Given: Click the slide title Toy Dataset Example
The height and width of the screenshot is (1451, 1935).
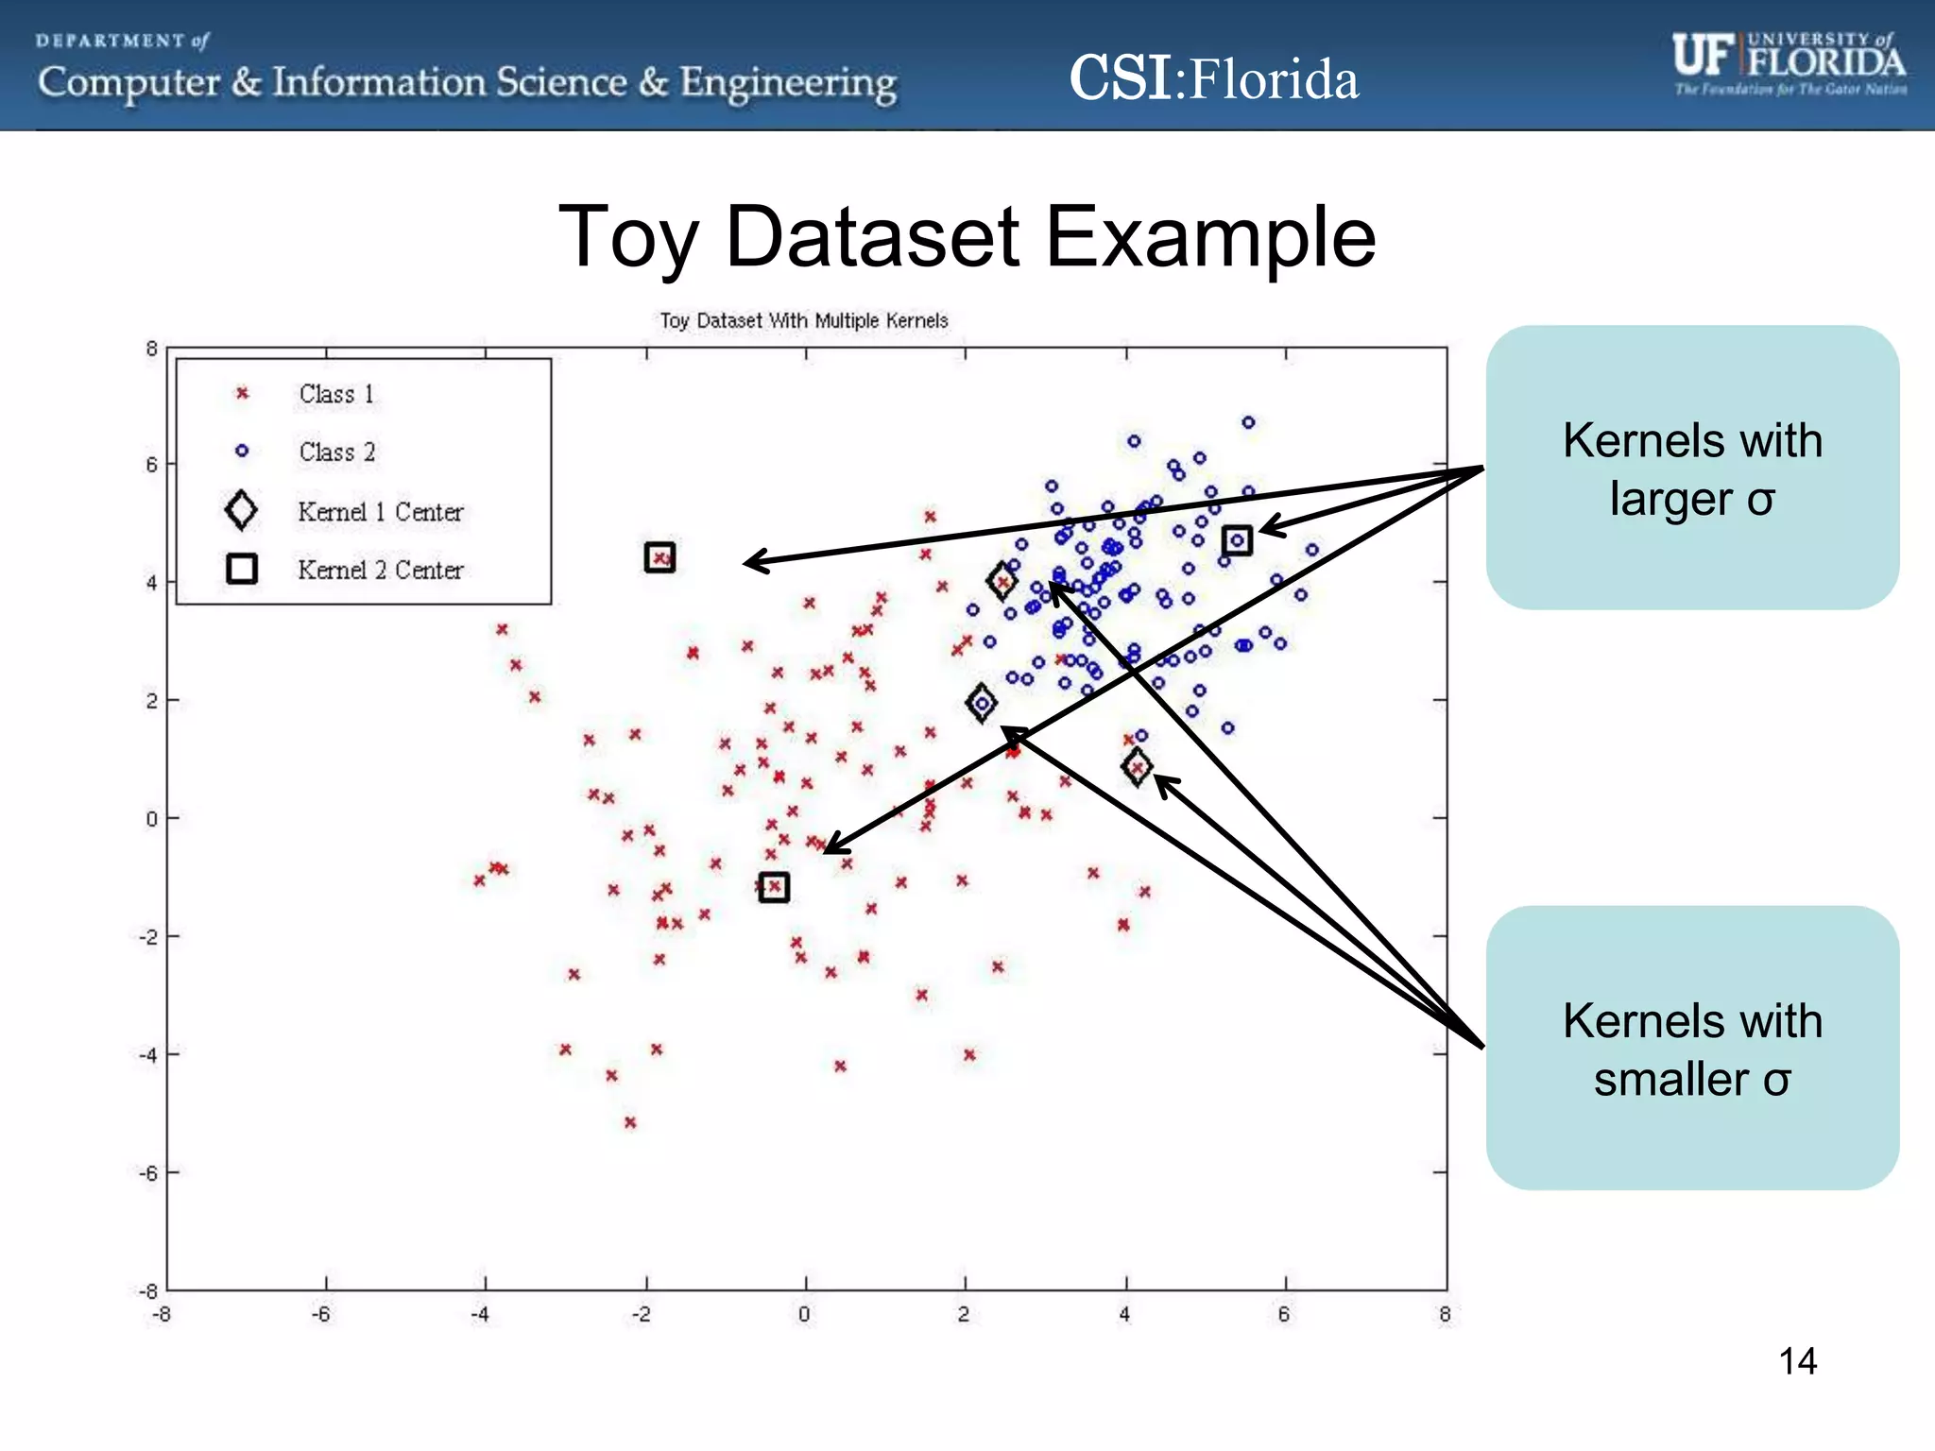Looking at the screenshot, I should click(x=967, y=237).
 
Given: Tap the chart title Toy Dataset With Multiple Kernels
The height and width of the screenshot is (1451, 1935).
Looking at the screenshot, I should click(x=803, y=321).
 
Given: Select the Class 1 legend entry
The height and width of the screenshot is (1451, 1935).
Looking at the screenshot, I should click(x=336, y=394).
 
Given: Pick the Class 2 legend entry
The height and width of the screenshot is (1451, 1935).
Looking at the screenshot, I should click(x=336, y=452).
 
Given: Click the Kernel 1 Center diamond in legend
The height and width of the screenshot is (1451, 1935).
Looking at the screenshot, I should click(x=242, y=510).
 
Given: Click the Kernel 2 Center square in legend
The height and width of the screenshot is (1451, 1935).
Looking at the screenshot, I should click(x=242, y=569).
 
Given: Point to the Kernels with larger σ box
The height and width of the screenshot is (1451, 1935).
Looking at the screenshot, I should click(x=1691, y=469).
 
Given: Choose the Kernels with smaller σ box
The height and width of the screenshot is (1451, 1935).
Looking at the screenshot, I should click(x=1691, y=1049).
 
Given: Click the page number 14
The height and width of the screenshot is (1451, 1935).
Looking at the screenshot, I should click(x=1797, y=1361).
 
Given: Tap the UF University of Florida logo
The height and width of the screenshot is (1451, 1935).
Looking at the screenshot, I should click(x=1789, y=62).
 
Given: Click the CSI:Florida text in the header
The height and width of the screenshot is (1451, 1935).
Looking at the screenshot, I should click(x=1214, y=78).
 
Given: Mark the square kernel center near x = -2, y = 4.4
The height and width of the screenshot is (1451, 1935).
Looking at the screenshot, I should click(x=659, y=557).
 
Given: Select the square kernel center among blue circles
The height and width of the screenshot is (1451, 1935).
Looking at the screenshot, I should click(x=1237, y=540).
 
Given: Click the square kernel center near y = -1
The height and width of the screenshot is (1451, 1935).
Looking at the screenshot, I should click(x=774, y=887).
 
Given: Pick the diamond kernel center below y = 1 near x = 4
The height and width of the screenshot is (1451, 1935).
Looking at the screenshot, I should click(x=1137, y=766).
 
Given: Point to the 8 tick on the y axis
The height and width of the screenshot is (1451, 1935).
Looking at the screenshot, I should click(x=151, y=349).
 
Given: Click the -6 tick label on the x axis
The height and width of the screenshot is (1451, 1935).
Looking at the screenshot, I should click(x=321, y=1314).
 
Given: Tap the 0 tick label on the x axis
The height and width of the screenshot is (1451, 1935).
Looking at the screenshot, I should click(x=804, y=1314).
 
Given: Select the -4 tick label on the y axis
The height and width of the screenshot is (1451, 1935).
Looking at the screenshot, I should click(x=148, y=1054).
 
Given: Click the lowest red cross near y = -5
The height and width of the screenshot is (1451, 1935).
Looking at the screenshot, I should click(x=630, y=1122).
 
